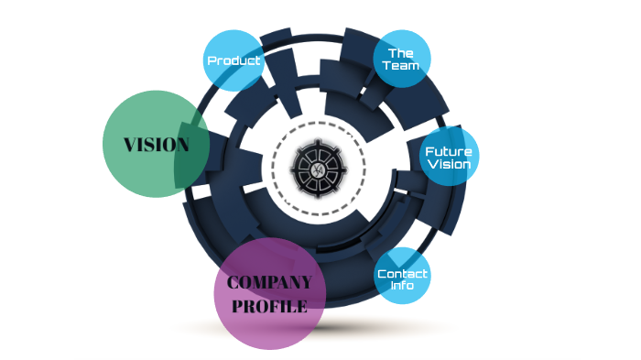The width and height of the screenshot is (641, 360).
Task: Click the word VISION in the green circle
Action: coord(157,145)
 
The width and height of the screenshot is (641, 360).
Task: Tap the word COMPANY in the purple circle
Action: coord(269,283)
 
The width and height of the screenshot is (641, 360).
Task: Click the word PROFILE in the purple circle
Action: coord(269,306)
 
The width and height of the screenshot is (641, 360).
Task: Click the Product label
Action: coord(234,61)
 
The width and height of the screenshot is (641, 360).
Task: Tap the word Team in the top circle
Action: coord(402,66)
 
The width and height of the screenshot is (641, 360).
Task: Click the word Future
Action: coord(449,150)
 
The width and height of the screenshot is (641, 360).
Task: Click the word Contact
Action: coord(402,274)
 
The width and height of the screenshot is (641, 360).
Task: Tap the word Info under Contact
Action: coord(402,286)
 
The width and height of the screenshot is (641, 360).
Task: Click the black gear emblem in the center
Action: coord(318,169)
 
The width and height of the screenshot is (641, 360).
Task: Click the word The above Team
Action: coord(402,53)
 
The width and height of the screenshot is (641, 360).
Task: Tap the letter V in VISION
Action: coord(129,145)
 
